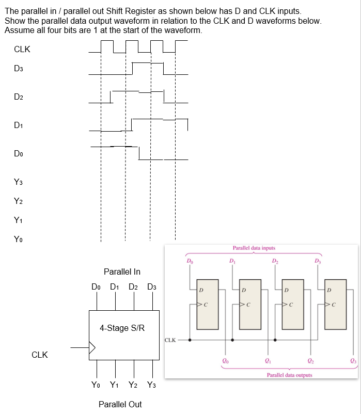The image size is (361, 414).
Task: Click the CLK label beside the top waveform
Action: click(22, 50)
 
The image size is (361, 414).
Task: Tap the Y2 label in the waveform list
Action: click(19, 201)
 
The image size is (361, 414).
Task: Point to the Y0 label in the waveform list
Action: click(19, 239)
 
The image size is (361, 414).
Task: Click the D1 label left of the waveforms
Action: click(19, 125)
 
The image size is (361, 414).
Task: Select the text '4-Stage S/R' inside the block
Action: click(122, 328)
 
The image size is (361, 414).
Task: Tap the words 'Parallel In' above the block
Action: click(122, 272)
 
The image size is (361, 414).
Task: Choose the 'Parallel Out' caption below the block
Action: click(120, 404)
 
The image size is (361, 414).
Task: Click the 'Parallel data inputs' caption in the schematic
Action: click(254, 248)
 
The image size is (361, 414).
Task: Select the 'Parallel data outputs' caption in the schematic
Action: click(289, 375)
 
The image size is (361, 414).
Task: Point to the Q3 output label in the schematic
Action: click(353, 361)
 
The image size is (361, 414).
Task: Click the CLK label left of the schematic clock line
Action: click(171, 340)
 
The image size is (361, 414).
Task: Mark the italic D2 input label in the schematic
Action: click(275, 260)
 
